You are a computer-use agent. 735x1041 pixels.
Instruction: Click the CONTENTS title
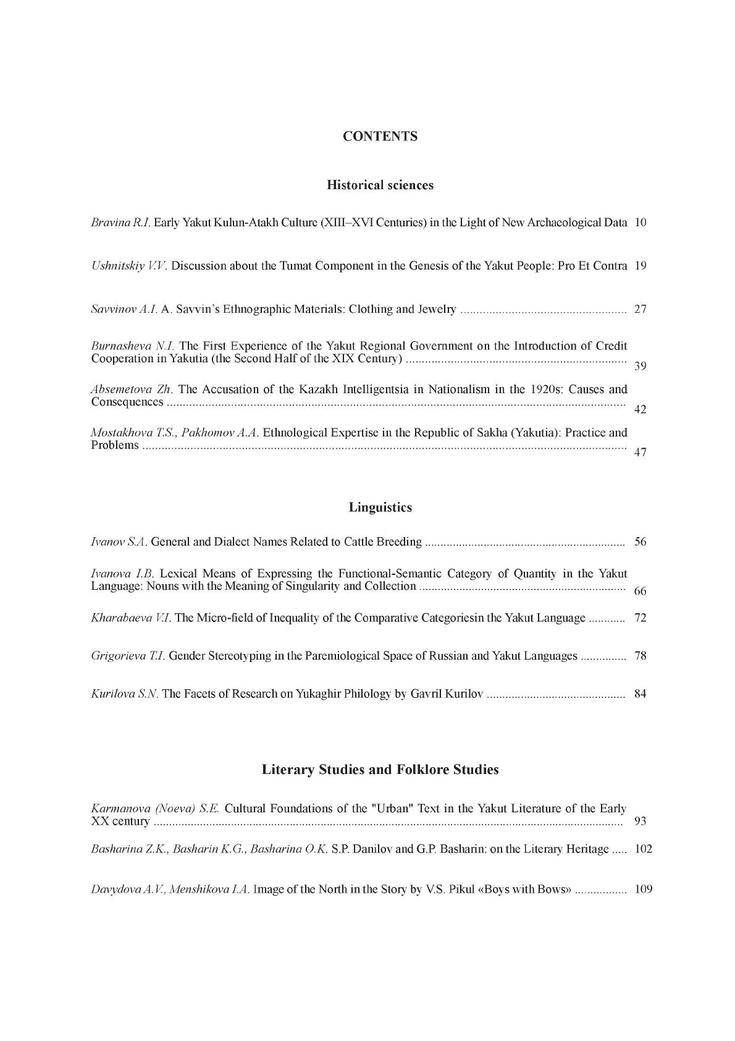pos(380,137)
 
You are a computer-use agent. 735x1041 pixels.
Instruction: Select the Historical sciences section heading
pos(380,185)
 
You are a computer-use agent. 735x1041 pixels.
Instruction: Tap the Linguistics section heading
pos(380,508)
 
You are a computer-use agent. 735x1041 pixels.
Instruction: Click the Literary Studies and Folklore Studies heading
pos(380,770)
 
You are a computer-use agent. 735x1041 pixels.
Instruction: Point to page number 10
pos(640,223)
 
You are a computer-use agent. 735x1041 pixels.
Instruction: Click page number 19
pos(640,266)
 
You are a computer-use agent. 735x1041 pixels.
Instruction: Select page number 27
pos(640,309)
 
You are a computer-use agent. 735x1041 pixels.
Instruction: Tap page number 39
pos(640,366)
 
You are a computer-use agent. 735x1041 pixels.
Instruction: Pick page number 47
pos(640,452)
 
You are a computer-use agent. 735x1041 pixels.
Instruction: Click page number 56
pos(640,542)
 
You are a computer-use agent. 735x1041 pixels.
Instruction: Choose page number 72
pos(640,618)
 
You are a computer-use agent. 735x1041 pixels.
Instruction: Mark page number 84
pos(640,694)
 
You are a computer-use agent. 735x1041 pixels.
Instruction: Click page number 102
pos(643,849)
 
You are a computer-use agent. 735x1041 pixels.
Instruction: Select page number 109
pos(643,890)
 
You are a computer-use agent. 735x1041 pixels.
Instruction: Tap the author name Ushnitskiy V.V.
pos(129,266)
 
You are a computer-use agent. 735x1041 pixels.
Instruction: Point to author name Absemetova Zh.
pos(132,389)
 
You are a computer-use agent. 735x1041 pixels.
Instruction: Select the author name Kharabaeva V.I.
pos(132,618)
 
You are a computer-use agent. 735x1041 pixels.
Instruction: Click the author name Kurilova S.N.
pos(125,694)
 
